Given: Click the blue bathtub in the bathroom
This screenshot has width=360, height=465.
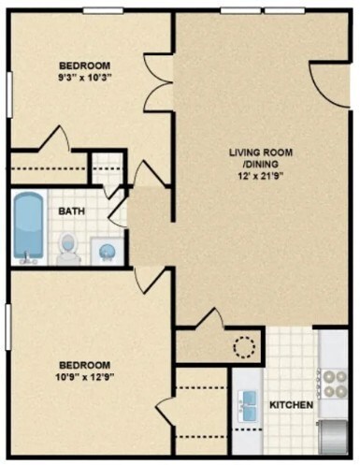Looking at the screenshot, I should point(28,228).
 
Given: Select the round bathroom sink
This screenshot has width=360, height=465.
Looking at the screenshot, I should point(108,250).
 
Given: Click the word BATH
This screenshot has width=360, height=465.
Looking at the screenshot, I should point(73,211).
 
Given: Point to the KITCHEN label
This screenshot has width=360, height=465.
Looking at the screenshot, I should point(291,405).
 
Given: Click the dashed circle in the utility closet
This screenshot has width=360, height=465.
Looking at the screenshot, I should point(244,347).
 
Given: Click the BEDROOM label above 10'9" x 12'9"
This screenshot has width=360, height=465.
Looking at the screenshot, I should point(85,364).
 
